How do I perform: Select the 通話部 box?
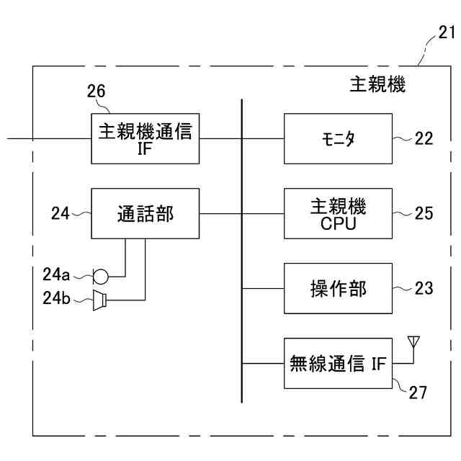pos(145,213)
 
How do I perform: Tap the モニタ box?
pos(339,138)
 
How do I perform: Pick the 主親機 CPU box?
pos(339,213)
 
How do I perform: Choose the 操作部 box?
pos(339,288)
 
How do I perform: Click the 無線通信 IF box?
pos(339,363)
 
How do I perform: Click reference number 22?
pos(424,139)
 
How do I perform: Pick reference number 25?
pos(424,213)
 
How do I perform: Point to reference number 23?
pos(424,288)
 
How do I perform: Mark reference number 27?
pos(419,393)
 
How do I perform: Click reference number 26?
pos(96,91)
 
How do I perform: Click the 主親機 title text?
pos(382,86)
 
